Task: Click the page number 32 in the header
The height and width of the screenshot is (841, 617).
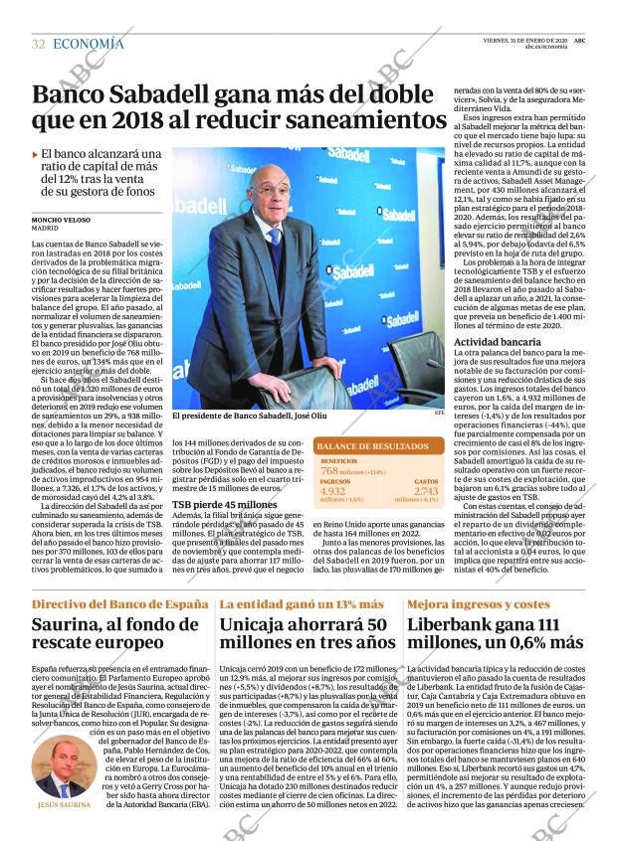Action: click(38, 44)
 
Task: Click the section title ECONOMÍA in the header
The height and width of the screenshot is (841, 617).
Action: click(88, 44)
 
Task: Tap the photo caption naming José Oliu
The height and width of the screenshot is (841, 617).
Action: click(249, 417)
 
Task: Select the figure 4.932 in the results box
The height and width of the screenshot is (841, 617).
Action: click(333, 491)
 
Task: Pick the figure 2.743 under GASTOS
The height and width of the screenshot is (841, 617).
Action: click(425, 491)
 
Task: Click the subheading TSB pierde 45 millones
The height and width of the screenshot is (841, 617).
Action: click(224, 532)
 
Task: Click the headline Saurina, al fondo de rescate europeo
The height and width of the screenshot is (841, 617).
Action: click(109, 636)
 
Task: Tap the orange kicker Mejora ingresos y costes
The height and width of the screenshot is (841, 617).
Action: click(478, 604)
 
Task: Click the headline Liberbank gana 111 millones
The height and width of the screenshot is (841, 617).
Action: click(495, 636)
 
